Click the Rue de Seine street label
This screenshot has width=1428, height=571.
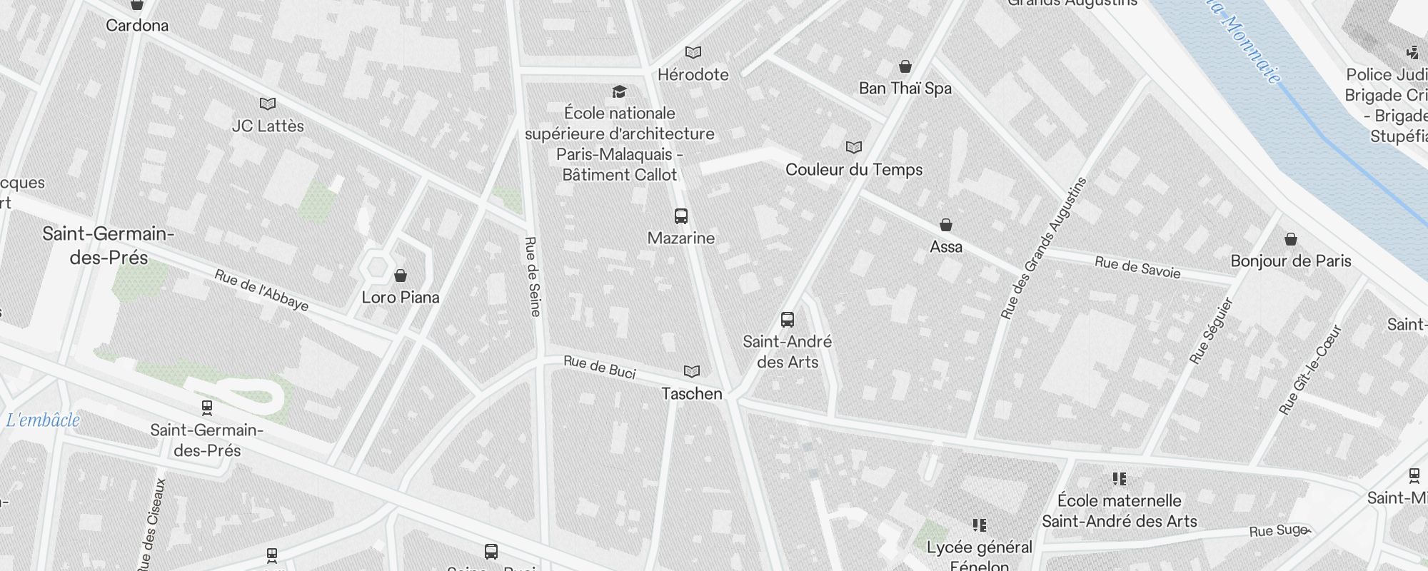click(x=533, y=276)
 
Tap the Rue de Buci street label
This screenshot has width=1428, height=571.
click(x=599, y=366)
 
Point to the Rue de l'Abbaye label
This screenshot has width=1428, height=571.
click(x=261, y=290)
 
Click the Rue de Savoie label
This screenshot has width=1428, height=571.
click(x=1137, y=267)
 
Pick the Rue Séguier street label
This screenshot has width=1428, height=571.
click(x=1212, y=330)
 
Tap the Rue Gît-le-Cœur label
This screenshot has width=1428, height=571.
click(x=1310, y=370)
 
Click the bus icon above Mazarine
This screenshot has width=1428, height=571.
click(x=681, y=216)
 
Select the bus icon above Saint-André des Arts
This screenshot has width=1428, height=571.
click(x=788, y=319)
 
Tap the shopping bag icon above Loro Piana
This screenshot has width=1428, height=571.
click(x=401, y=276)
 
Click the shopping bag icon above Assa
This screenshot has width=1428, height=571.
click(x=946, y=225)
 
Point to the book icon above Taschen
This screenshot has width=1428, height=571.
click(x=691, y=371)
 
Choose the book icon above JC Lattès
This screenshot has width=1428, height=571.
click(x=268, y=104)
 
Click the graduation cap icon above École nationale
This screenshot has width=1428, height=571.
click(x=619, y=91)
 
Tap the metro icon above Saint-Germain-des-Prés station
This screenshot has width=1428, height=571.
click(x=207, y=408)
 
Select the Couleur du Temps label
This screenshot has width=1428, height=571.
click(x=854, y=170)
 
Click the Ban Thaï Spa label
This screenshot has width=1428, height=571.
click(x=905, y=89)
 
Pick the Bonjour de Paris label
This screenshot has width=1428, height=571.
click(x=1290, y=261)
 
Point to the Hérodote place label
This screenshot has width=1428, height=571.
click(x=693, y=74)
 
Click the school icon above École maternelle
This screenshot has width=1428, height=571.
click(x=1119, y=478)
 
